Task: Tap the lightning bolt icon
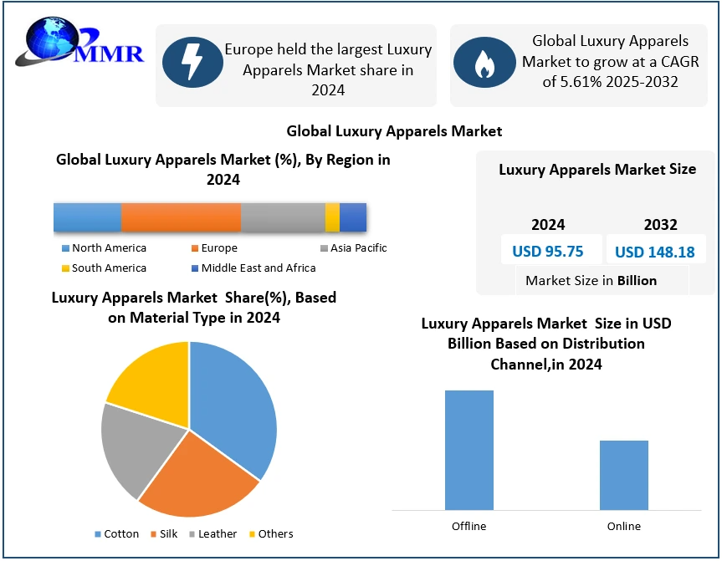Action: coord(192,64)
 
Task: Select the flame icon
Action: coord(484,63)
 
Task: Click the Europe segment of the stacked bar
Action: coord(181,217)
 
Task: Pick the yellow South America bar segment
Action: coord(332,217)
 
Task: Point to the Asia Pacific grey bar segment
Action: coord(283,217)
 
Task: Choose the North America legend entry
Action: coord(104,248)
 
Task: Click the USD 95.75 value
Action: coord(547,252)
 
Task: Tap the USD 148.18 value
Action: coord(655,252)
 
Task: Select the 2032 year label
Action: coord(660,224)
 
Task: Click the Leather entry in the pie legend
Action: coord(213,534)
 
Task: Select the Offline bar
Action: coord(469,450)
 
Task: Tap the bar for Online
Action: coord(624,475)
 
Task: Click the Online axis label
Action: coord(624,527)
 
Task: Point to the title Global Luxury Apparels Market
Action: coord(394,131)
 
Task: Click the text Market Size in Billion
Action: coord(591,281)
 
